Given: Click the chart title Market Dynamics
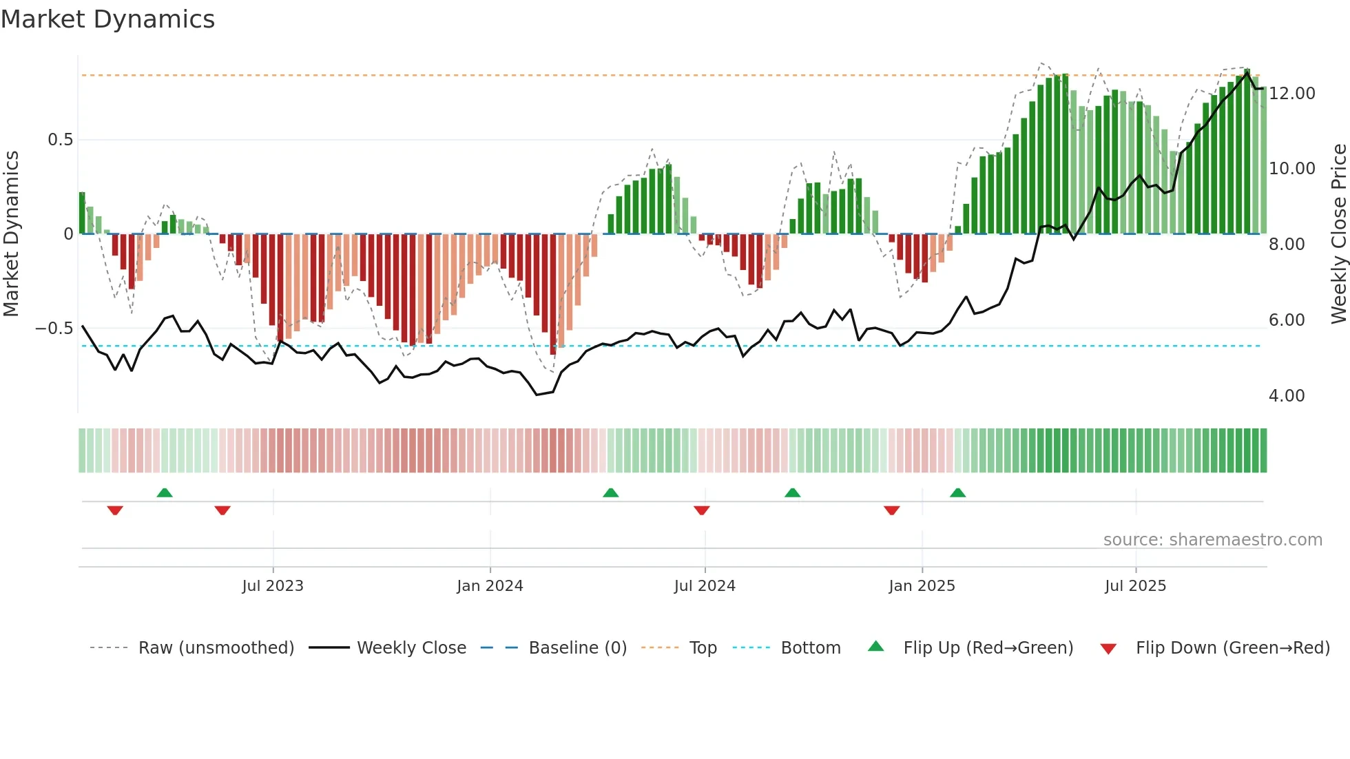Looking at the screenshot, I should point(108,19).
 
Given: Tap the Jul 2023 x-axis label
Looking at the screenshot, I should point(273,585).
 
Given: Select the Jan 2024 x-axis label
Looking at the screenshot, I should point(490,585).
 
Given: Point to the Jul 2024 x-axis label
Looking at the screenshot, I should point(705,585).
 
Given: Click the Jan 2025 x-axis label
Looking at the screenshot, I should point(922,585).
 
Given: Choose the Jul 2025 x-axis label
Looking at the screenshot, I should point(1135,585).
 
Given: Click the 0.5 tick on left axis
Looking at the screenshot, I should point(60,140).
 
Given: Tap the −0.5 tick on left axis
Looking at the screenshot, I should point(54,328).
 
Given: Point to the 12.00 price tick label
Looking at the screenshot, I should point(1292,93).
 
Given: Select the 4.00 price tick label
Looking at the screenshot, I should point(1287,395).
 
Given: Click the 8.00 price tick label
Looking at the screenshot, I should point(1287,244).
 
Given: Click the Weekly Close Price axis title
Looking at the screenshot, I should point(1338,233).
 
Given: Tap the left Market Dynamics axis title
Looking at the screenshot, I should point(11,233).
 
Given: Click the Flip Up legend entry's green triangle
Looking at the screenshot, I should point(875,647).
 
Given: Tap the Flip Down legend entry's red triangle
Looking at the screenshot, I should point(1108,649).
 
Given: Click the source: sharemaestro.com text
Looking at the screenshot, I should point(1212,539).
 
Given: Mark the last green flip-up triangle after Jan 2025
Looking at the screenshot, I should point(957,492).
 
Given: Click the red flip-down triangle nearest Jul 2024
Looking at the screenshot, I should point(701,510).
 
